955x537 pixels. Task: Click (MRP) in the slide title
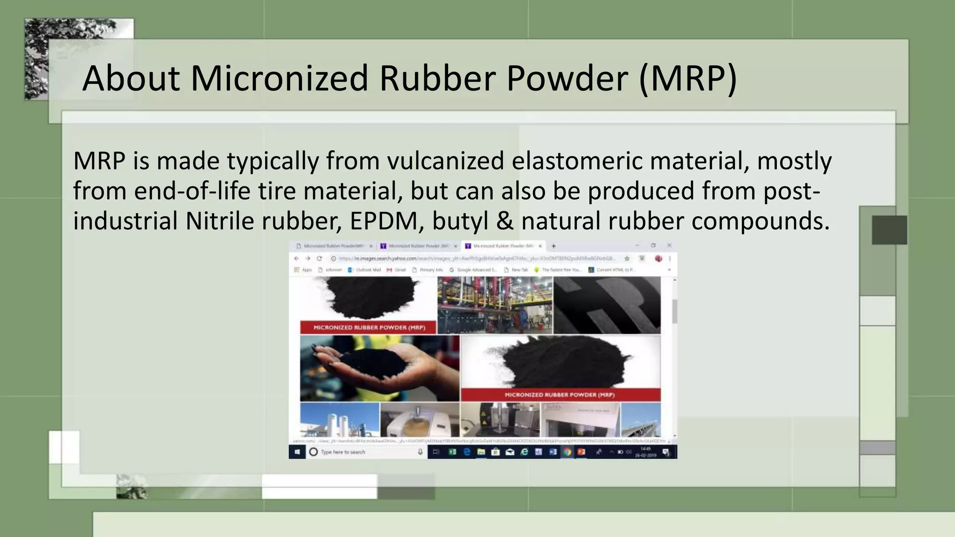pyautogui.click(x=688, y=78)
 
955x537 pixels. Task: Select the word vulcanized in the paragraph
pyautogui.click(x=446, y=161)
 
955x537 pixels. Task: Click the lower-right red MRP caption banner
pyautogui.click(x=560, y=395)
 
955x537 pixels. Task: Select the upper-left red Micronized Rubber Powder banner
pyautogui.click(x=369, y=328)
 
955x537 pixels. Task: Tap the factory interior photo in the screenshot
pyautogui.click(x=495, y=305)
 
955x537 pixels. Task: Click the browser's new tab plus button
pyautogui.click(x=554, y=246)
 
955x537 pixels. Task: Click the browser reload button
pyautogui.click(x=319, y=258)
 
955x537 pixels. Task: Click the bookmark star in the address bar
pyautogui.click(x=627, y=258)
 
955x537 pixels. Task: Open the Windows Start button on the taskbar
pyautogui.click(x=297, y=452)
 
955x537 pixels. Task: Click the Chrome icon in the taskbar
pyautogui.click(x=567, y=452)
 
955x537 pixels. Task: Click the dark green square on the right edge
pyautogui.click(x=889, y=230)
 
